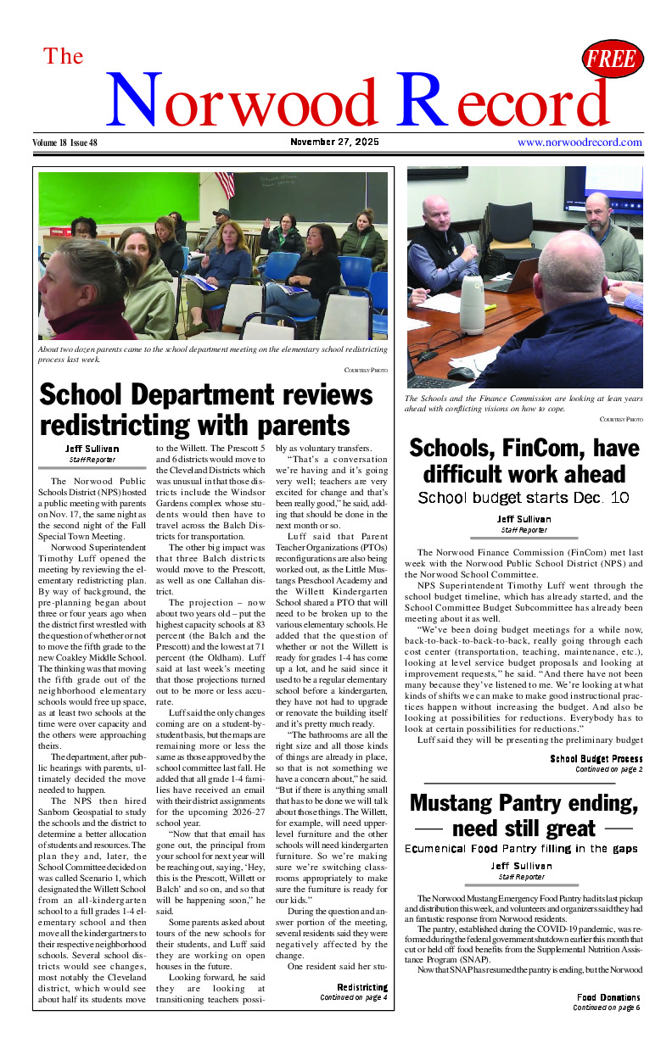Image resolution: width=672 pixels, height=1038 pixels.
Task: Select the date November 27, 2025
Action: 334,142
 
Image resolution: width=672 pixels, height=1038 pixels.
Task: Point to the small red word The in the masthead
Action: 64,57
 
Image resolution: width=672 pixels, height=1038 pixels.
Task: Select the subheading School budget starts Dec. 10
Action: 524,497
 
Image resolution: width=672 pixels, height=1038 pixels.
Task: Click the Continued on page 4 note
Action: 353,997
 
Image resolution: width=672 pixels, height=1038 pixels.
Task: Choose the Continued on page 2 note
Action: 608,769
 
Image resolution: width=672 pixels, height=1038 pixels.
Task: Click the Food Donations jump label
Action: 608,997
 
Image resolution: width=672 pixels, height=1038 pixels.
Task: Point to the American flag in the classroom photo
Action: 225,184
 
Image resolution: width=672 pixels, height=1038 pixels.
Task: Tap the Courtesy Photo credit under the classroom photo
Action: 366,371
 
